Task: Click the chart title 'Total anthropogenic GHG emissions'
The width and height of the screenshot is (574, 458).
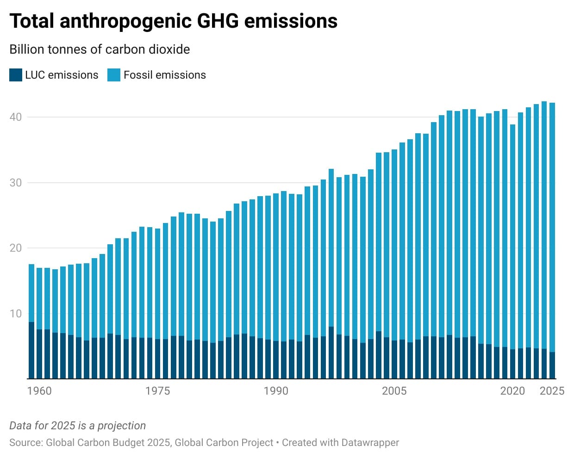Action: coord(173,21)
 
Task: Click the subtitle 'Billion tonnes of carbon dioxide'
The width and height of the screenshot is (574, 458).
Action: coord(100,50)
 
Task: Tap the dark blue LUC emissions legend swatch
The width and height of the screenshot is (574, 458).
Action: coord(16,75)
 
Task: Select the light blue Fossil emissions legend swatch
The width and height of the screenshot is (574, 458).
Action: coord(114,75)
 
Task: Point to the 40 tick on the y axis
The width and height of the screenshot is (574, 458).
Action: coord(16,117)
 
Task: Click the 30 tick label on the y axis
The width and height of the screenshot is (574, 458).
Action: coord(16,183)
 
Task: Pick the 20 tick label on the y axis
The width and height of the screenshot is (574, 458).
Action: coord(16,248)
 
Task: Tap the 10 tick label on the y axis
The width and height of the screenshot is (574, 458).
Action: coord(16,314)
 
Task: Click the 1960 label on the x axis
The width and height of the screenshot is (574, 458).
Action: coord(39,391)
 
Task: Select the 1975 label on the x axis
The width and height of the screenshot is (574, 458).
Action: coord(157,391)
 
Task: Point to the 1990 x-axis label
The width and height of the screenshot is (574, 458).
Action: coord(276,391)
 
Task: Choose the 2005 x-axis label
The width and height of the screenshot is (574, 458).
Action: coord(394,391)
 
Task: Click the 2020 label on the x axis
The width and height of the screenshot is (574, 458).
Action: coord(512,391)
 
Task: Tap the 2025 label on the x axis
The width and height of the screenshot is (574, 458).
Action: coord(552,391)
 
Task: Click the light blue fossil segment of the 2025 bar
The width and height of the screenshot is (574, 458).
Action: coord(552,227)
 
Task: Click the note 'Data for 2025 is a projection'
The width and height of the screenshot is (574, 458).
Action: coord(77,426)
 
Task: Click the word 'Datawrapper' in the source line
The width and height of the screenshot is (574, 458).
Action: coord(370,443)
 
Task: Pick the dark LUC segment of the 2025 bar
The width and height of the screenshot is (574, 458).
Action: coord(552,365)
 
